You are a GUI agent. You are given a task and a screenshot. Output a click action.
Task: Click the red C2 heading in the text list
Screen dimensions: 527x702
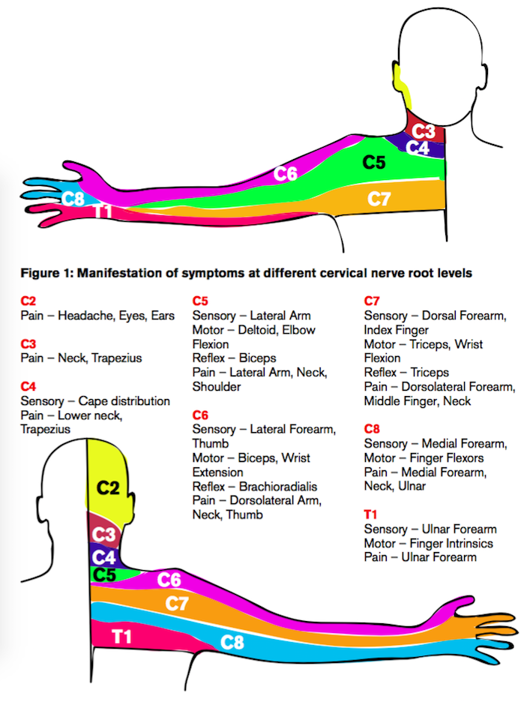pos(28,301)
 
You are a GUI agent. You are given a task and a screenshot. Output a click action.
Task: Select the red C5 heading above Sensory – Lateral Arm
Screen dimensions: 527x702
pos(200,301)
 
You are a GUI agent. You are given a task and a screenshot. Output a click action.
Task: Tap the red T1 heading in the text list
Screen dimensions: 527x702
pos(370,514)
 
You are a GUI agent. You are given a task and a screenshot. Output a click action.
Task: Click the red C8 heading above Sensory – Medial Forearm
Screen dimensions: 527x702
pos(372,429)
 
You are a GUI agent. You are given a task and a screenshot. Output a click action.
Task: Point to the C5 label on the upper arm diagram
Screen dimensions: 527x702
pos(373,163)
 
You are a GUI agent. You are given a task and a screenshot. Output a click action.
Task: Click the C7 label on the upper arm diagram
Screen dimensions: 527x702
pos(379,199)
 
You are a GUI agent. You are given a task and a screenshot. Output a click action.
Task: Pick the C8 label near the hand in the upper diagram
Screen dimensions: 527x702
pos(73,199)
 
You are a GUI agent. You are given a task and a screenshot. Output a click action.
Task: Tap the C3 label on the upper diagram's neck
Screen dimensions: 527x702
pos(424,131)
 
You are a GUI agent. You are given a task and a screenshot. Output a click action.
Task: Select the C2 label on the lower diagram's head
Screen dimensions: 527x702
pos(108,488)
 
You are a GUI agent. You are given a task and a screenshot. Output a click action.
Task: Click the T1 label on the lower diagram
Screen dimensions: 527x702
pos(121,636)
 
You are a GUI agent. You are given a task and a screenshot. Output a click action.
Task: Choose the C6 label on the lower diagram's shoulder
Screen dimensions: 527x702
pos(169,580)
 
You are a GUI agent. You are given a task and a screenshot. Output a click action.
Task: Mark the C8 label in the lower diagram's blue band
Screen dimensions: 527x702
pos(232,643)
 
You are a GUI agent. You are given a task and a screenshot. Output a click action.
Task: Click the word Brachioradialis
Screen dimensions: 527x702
pos(278,486)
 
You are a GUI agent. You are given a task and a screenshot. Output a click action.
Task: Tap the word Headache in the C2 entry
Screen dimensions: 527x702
pos(85,316)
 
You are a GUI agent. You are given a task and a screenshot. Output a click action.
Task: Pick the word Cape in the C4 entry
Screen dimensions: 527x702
pos(93,401)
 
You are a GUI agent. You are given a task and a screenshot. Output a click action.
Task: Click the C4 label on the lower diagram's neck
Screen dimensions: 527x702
pos(103,557)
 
